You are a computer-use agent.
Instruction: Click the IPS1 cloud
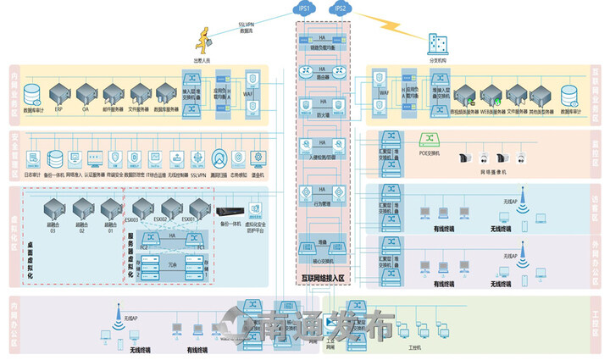pyautogui.click(x=304, y=9)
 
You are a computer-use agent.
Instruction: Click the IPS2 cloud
pyautogui.click(x=341, y=9)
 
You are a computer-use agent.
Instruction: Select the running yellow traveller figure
pyautogui.click(x=204, y=38)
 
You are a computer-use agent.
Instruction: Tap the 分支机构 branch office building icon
pyautogui.click(x=438, y=43)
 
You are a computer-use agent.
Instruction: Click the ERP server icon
pyautogui.click(x=59, y=92)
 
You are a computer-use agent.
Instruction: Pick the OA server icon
pyautogui.click(x=86, y=92)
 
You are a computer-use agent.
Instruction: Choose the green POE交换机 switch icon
pyautogui.click(x=429, y=139)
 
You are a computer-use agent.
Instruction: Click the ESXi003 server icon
pyautogui.click(x=141, y=206)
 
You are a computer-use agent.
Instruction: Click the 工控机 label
pyautogui.click(x=414, y=347)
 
